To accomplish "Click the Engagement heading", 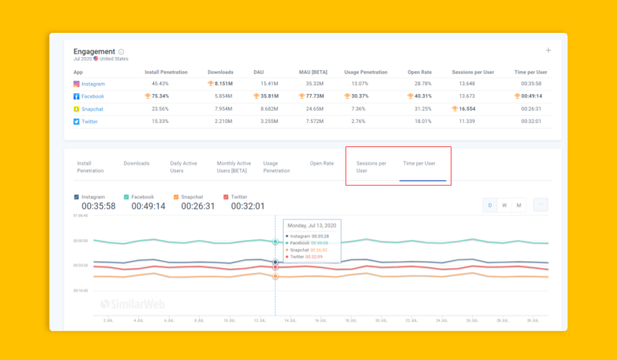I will pos(93,51).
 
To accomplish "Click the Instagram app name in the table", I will pos(93,84).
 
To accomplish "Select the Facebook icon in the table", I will pos(77,96).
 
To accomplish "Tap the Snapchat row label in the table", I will pos(93,108).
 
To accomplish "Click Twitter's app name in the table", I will pos(91,121).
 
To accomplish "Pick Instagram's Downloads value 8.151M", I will pos(223,84).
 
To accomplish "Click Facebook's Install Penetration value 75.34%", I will pos(161,96).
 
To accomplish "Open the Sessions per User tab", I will pos(371,166).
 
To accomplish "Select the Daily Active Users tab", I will pos(183,166).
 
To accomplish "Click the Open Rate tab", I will pos(321,163).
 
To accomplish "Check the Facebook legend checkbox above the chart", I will pos(126,196).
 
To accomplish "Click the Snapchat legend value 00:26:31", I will pos(198,207).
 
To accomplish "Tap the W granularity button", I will pos(504,205).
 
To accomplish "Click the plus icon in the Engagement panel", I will pos(548,51).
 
